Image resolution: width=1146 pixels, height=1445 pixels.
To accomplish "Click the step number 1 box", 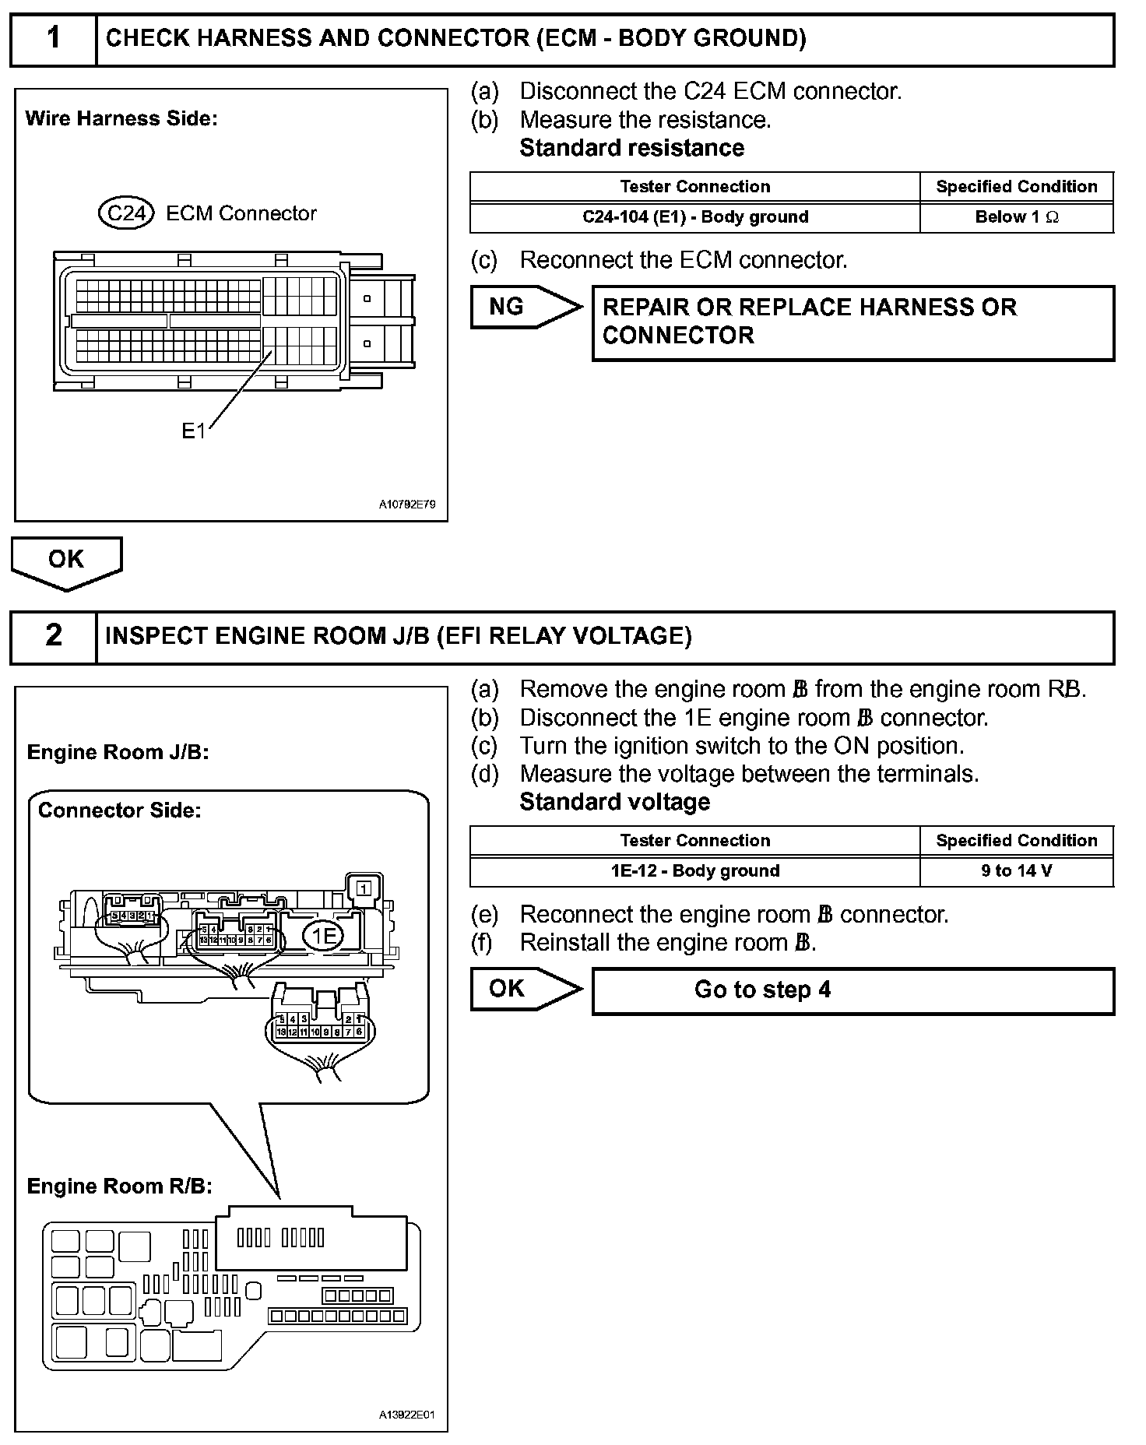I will point(53,39).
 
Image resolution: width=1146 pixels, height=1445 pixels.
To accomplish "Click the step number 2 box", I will point(53,636).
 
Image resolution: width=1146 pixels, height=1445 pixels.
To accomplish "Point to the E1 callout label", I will point(193,431).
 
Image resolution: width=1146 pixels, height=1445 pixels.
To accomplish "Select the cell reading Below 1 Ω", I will point(1016,217).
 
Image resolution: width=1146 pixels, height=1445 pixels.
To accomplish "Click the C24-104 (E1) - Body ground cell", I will point(694,217).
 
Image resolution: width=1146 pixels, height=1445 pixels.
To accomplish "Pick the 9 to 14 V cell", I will point(1016,871).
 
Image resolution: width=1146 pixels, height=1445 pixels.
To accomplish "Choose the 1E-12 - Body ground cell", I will point(694,871).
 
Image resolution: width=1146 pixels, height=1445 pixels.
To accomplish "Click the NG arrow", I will point(524,307).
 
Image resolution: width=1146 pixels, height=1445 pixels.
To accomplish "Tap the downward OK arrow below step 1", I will point(66,561).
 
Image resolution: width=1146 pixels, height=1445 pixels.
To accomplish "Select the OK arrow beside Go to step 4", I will point(524,989).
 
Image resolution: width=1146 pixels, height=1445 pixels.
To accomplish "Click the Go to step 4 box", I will point(852,990).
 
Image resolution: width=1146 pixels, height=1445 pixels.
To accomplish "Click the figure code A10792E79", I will point(407,505).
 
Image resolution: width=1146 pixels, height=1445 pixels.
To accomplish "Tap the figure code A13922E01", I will point(407,1415).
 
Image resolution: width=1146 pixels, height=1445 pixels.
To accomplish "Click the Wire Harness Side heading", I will point(121,118).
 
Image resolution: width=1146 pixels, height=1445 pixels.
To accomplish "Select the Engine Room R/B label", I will point(119,1186).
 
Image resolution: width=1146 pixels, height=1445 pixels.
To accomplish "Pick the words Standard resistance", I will point(631,148).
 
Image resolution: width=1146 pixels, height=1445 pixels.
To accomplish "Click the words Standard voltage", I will point(614,802).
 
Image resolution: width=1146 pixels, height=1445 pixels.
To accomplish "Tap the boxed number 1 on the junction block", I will point(362,887).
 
